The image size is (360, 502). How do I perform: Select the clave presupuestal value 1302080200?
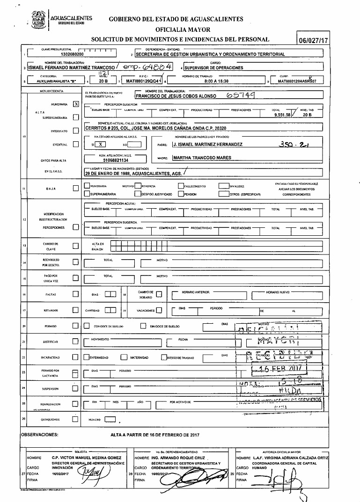click(75, 54)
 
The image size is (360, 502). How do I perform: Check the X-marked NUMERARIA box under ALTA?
click(76, 104)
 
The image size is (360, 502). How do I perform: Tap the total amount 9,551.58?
click(282, 114)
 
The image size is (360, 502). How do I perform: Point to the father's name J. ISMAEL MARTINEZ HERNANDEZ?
click(207, 144)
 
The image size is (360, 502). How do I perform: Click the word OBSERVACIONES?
click(39, 435)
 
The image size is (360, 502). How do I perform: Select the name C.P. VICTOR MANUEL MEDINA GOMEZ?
click(88, 457)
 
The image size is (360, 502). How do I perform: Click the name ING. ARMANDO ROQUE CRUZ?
click(180, 457)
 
